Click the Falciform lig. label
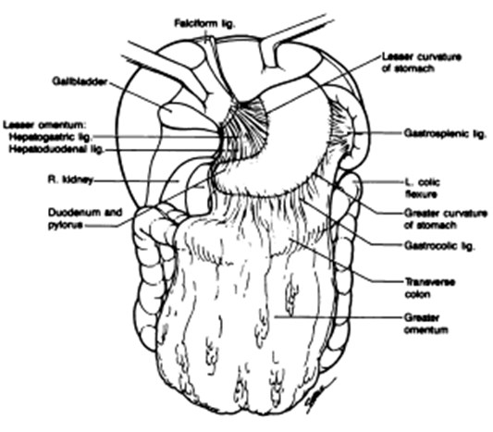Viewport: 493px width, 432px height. (x=205, y=24)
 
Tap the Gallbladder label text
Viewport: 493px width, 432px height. (x=80, y=81)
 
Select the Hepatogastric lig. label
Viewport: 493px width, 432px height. (x=51, y=138)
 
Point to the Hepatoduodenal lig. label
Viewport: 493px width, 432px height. (x=56, y=149)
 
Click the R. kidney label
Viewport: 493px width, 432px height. (x=70, y=179)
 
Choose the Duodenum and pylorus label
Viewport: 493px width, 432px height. (x=85, y=218)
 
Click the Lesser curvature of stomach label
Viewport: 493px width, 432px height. (x=422, y=63)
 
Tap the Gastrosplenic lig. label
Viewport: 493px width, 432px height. (x=445, y=133)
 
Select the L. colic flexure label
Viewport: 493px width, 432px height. (x=422, y=189)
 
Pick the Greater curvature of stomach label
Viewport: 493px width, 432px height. (x=446, y=219)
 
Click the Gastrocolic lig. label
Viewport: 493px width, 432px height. (x=438, y=245)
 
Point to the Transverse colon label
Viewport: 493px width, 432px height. (x=429, y=288)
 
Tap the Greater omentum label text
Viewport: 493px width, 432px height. (x=425, y=324)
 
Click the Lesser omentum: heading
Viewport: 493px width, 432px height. (x=44, y=125)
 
